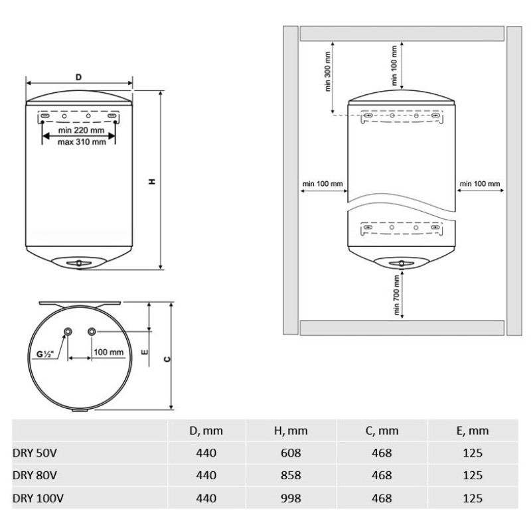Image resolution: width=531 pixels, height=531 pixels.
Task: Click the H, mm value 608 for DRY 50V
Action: pyautogui.click(x=291, y=453)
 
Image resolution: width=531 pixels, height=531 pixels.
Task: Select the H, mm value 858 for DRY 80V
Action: pyautogui.click(x=291, y=475)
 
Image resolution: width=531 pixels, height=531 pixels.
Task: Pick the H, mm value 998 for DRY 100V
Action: pyautogui.click(x=291, y=498)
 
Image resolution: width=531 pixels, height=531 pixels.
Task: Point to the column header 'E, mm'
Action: pyautogui.click(x=473, y=431)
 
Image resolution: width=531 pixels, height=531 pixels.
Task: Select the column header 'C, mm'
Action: pyautogui.click(x=382, y=431)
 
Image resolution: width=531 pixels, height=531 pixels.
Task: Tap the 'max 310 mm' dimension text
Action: pyautogui.click(x=82, y=141)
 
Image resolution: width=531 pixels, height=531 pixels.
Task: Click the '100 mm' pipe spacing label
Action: pyautogui.click(x=108, y=352)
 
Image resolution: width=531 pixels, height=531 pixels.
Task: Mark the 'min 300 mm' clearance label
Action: pyautogui.click(x=328, y=69)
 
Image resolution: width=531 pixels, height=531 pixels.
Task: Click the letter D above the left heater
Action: pyautogui.click(x=78, y=78)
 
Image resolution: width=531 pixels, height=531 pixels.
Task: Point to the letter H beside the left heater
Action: pyautogui.click(x=152, y=181)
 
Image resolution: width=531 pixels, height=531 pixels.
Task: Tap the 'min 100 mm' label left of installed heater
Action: pyautogui.click(x=322, y=183)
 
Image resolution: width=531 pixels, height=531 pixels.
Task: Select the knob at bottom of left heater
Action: pyautogui.click(x=80, y=263)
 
